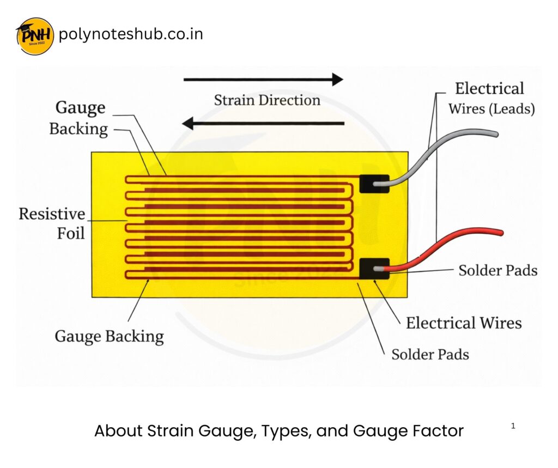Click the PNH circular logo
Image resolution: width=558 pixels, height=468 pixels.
(x=35, y=36)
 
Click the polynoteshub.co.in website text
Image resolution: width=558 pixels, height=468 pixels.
(x=130, y=34)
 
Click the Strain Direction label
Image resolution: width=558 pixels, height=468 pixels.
(x=266, y=100)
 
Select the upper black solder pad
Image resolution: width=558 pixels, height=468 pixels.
(x=374, y=184)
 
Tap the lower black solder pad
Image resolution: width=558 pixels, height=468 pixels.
(x=374, y=269)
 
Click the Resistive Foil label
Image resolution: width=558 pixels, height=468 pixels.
(x=52, y=223)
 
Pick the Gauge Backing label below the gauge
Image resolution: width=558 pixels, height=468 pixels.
(x=109, y=336)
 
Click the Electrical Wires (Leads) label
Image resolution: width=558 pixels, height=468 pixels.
(x=491, y=98)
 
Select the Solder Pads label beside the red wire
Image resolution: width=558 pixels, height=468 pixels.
(x=498, y=270)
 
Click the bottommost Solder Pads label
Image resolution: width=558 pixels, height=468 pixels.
(x=430, y=355)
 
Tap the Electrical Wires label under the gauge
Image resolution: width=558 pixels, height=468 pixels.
(x=463, y=323)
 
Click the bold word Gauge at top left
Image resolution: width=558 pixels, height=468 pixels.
(x=80, y=107)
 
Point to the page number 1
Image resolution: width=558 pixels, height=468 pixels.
(x=513, y=426)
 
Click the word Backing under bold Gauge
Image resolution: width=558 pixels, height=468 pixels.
(x=78, y=129)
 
